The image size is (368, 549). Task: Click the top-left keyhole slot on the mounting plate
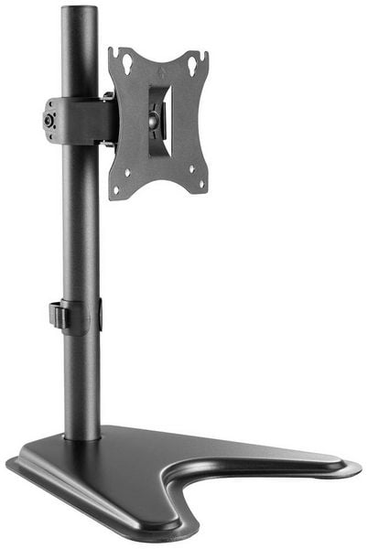point(126,64)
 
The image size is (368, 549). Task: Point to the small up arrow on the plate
point(161,69)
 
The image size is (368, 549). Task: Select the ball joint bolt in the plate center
point(154,117)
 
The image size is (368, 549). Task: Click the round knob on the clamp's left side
point(48,121)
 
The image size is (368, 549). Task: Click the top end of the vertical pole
point(80,11)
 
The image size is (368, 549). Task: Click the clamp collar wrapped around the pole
point(81,120)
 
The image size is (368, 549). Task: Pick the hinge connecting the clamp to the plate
point(111,119)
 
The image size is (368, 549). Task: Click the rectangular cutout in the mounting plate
point(160,117)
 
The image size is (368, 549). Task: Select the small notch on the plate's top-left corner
point(113,52)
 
